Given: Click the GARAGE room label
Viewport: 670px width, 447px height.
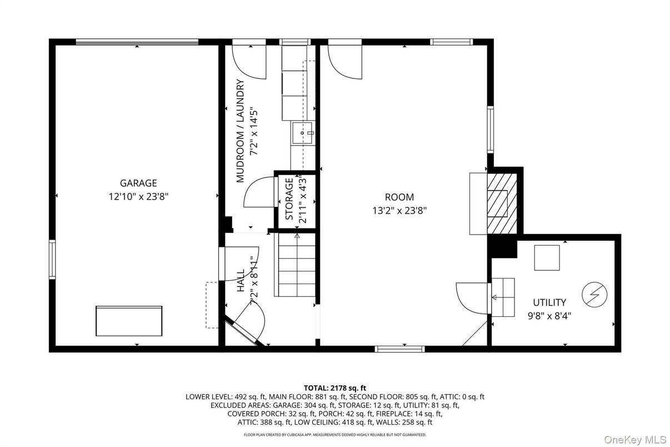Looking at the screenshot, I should pos(138,183).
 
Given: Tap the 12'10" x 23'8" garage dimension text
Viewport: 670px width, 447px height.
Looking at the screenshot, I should pos(138,196).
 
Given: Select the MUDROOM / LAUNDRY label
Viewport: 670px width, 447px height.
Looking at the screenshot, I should pos(241,131).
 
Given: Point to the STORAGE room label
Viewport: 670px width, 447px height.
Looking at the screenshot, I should pos(289,199).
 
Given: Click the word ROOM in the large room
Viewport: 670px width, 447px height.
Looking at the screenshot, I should pos(399,197).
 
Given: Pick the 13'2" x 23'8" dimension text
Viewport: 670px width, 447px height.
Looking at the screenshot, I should pos(399,210).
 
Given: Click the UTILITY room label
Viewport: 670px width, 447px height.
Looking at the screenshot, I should pos(549,302).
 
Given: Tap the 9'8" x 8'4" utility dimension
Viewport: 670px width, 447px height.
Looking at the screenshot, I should pos(549,315).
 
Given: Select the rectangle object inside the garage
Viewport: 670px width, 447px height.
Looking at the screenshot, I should pos(129,320).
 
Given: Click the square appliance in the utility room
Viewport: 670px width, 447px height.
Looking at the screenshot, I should pos(547,257).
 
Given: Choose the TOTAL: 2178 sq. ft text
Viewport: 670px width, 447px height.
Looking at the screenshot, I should pos(334,388).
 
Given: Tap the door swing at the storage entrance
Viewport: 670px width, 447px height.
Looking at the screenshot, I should pos(259,192).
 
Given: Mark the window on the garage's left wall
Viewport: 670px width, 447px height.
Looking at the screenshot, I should pos(52,260).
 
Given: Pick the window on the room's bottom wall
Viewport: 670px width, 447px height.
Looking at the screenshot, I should pos(399,349).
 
